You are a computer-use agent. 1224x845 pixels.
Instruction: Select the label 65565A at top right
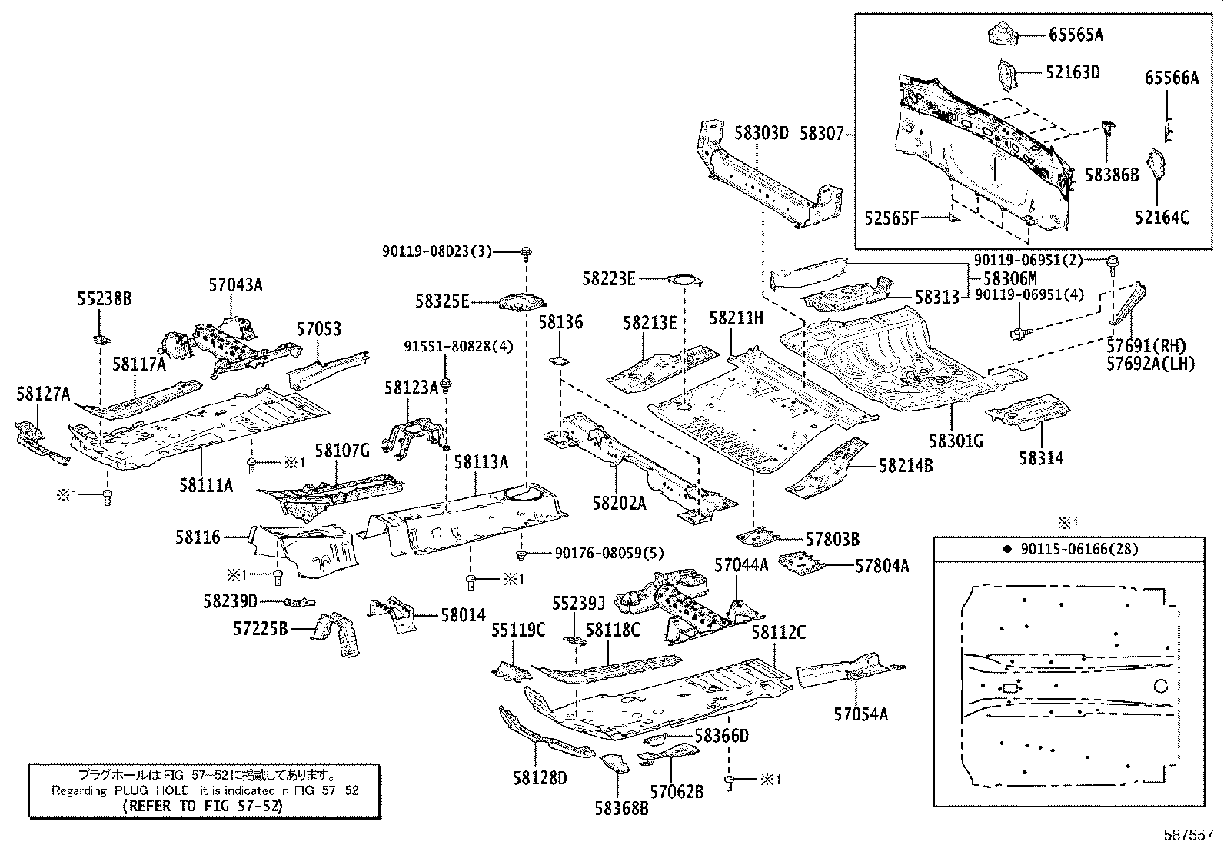click(x=1076, y=35)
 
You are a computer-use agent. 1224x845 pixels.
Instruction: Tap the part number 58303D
click(x=761, y=134)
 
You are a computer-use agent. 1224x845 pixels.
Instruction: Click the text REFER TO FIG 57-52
click(x=202, y=806)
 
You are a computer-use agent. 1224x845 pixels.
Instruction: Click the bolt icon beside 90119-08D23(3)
click(x=526, y=252)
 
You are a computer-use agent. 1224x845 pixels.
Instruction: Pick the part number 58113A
click(x=481, y=462)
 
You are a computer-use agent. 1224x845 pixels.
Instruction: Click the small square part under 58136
click(x=560, y=358)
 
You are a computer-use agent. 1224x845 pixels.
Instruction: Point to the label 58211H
click(x=736, y=318)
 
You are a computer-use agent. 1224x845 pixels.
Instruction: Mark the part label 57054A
click(x=860, y=714)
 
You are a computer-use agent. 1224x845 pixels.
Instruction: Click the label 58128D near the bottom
click(x=540, y=778)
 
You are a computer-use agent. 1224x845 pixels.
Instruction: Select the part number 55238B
click(x=104, y=298)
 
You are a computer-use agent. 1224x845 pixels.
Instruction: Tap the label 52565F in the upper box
click(x=891, y=218)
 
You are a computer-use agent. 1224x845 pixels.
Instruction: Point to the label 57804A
click(x=882, y=566)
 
